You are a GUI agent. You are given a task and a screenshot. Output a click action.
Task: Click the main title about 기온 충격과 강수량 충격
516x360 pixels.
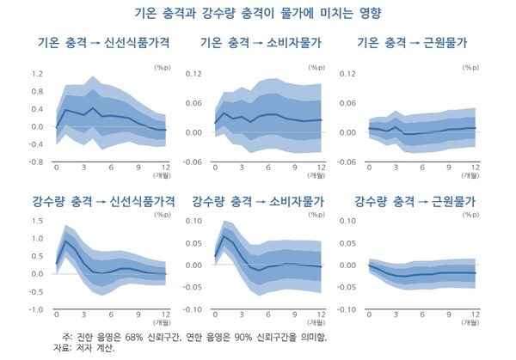click(258, 14)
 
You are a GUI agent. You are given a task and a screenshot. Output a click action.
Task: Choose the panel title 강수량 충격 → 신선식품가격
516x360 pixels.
click(104, 203)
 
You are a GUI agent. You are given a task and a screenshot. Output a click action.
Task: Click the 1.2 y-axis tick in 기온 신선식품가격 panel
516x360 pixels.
click(36, 75)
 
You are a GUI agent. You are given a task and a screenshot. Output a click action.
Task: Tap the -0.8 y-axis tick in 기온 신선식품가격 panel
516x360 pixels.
click(34, 162)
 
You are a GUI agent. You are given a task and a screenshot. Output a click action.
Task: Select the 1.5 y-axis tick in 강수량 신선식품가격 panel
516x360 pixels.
click(36, 221)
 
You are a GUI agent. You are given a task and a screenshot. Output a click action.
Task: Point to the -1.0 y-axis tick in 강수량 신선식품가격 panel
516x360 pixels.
click(34, 309)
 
